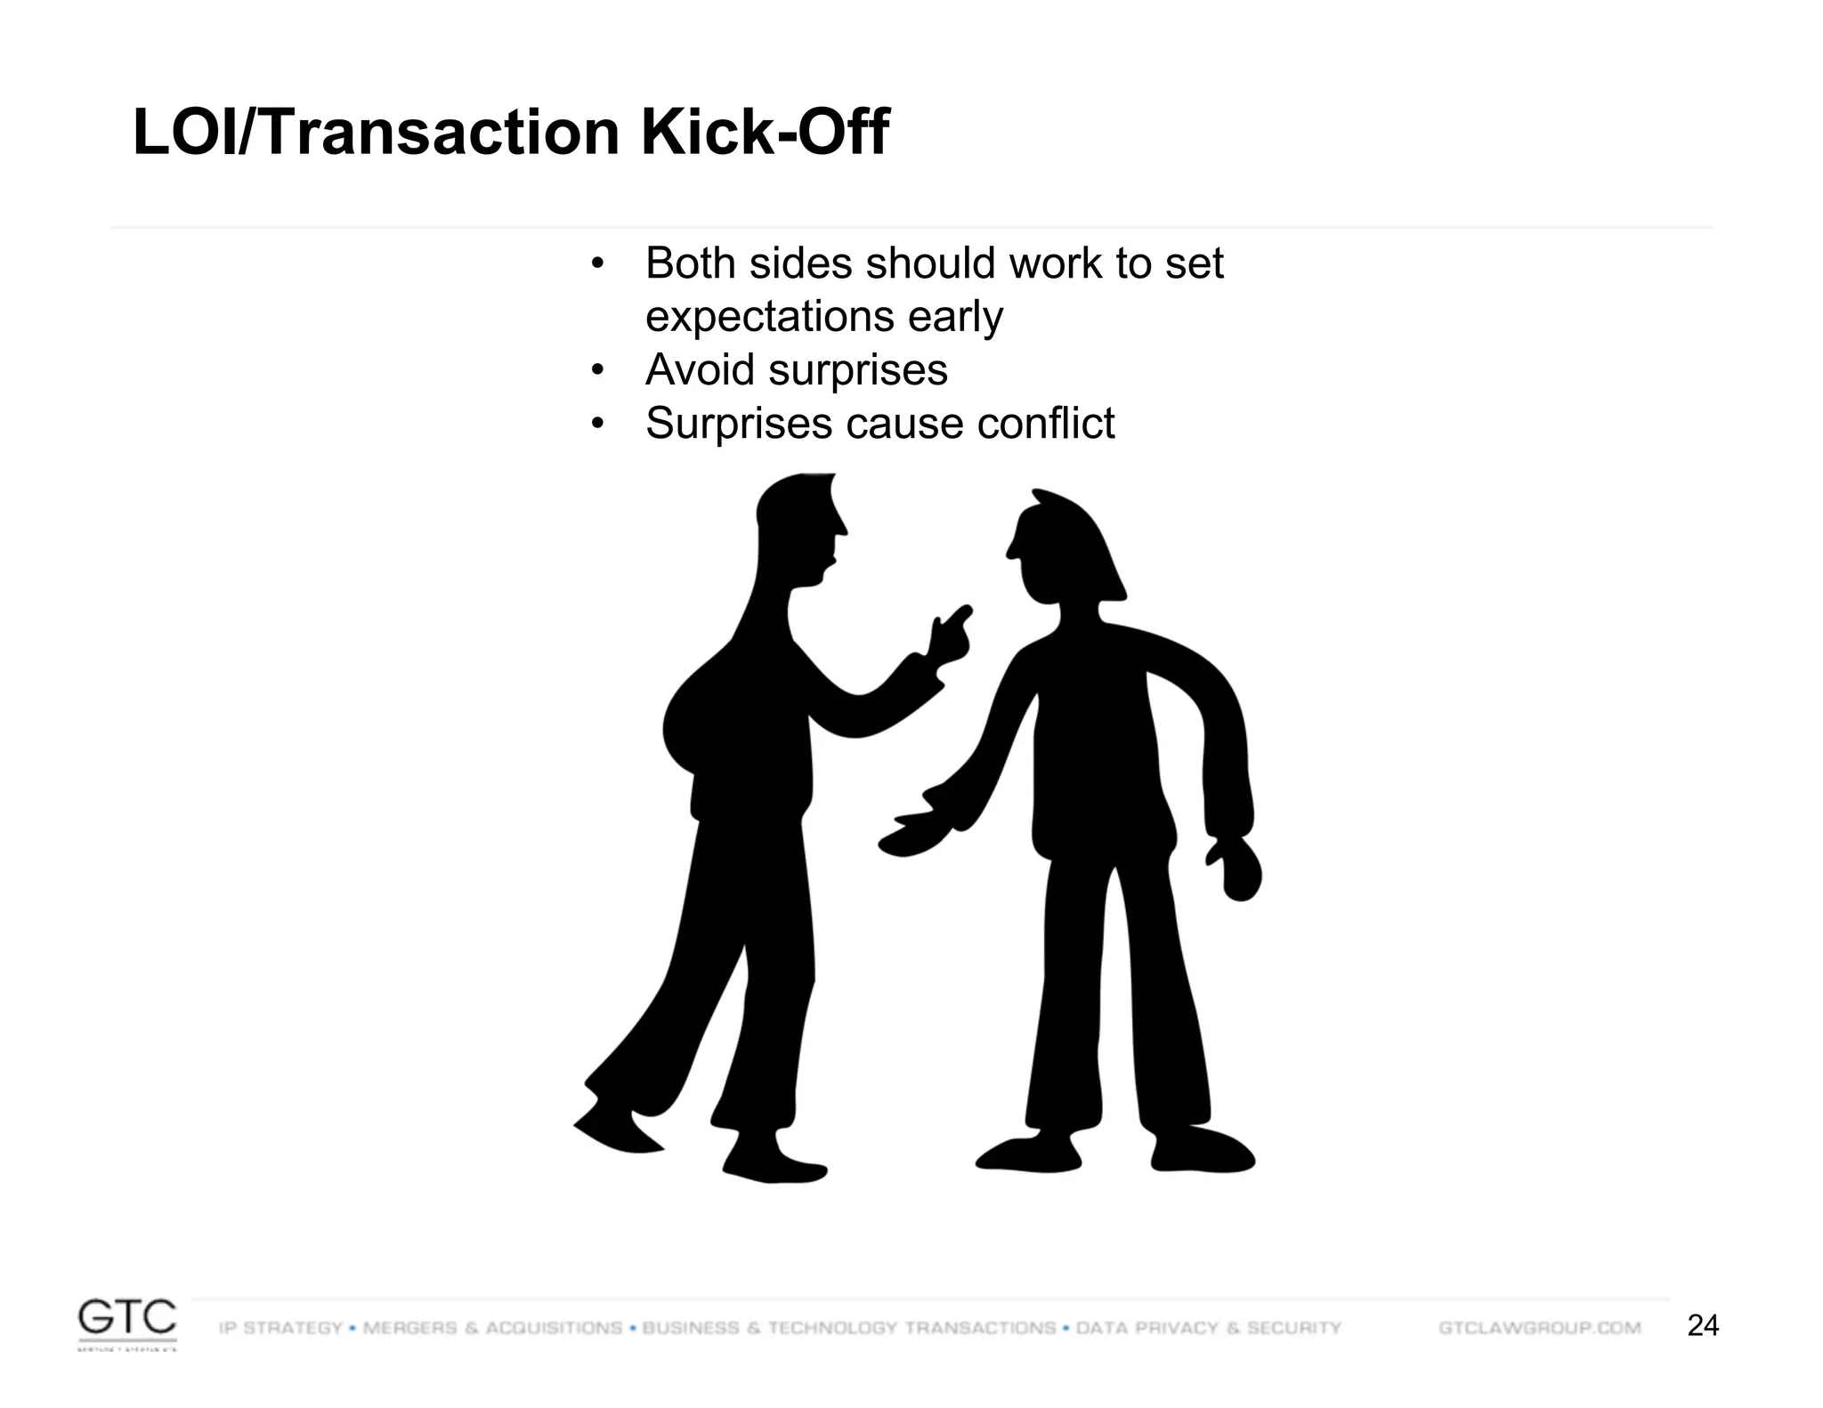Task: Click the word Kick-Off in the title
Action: click(x=764, y=134)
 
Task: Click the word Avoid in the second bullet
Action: click(x=700, y=369)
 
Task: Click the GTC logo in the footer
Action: click(x=126, y=1323)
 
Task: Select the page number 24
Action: click(x=1703, y=1326)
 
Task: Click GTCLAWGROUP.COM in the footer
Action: click(x=1540, y=1328)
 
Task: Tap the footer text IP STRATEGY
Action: click(x=280, y=1328)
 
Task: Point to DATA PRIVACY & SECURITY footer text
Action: click(x=1209, y=1328)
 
